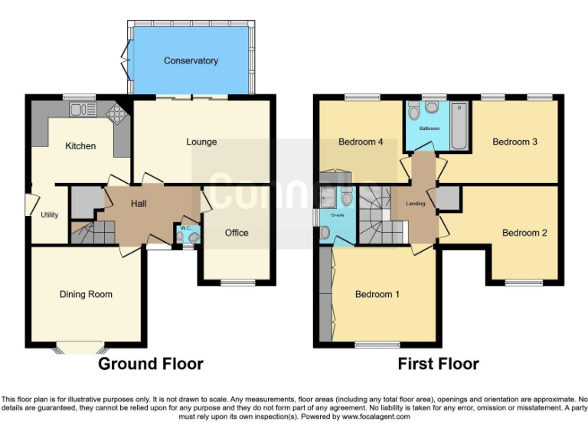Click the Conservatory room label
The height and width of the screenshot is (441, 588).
(x=191, y=60)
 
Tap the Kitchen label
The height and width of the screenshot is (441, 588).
(x=80, y=145)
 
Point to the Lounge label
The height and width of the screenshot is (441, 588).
(x=201, y=142)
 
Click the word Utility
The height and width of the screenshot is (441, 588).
(x=50, y=215)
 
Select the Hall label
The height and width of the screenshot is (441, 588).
(x=139, y=203)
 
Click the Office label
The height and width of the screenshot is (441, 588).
(x=237, y=233)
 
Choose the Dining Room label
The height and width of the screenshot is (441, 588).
(x=86, y=294)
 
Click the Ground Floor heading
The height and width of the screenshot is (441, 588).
(x=151, y=364)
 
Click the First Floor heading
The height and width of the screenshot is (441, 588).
(x=438, y=364)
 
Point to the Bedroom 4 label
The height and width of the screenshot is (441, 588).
(x=357, y=142)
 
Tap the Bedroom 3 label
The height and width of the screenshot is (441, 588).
(x=514, y=142)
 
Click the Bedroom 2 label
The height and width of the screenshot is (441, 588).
(x=524, y=233)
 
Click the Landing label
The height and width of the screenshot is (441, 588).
(x=415, y=203)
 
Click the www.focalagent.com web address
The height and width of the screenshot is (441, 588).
(x=376, y=417)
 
